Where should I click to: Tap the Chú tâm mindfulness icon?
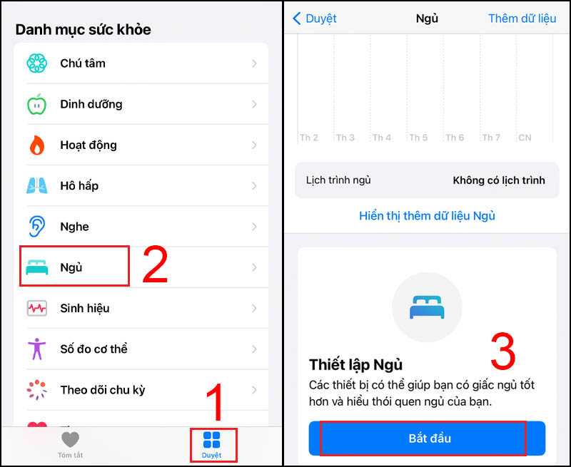click(36, 63)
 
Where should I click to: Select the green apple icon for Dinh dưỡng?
click(36, 105)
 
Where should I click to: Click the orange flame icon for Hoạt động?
click(36, 145)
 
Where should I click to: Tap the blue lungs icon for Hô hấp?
click(36, 186)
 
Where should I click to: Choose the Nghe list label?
click(74, 227)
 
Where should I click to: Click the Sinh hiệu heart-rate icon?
click(36, 309)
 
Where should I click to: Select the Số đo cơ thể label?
click(94, 349)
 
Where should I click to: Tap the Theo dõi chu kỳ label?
click(102, 390)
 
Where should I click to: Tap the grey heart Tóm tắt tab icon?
click(70, 439)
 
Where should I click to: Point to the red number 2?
click(155, 265)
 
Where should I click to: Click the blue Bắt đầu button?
click(426, 438)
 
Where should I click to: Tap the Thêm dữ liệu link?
click(522, 19)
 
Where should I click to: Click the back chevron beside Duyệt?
click(297, 19)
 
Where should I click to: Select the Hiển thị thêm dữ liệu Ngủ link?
click(427, 215)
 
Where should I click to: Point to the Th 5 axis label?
click(418, 138)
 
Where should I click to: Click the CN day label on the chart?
click(525, 138)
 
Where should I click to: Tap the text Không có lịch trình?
click(498, 180)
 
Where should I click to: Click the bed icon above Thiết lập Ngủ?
click(427, 307)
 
